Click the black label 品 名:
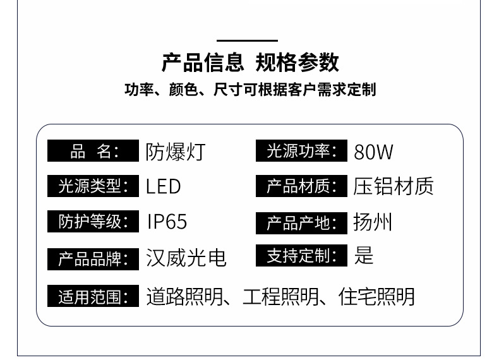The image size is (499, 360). pyautogui.click(x=93, y=152)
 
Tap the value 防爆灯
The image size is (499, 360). pyautogui.click(x=176, y=152)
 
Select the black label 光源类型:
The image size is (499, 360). pyautogui.click(x=93, y=186)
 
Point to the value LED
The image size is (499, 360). pyautogui.click(x=164, y=186)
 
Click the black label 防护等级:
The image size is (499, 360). pyautogui.click(x=93, y=222)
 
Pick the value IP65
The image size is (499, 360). pyautogui.click(x=167, y=222)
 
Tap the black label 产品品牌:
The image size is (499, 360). pyautogui.click(x=93, y=259)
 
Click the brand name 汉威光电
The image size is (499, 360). pyautogui.click(x=186, y=258)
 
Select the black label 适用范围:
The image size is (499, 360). pyautogui.click(x=93, y=296)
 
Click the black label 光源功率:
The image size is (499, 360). pyautogui.click(x=302, y=152)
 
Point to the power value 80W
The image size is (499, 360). pyautogui.click(x=374, y=152)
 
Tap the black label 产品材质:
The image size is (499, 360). pyautogui.click(x=302, y=187)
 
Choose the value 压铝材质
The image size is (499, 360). pyautogui.click(x=394, y=186)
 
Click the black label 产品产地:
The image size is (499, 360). pyautogui.click(x=302, y=223)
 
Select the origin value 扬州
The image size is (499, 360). pyautogui.click(x=373, y=222)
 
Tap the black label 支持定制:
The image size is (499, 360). pyautogui.click(x=302, y=256)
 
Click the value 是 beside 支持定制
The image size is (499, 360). pyautogui.click(x=364, y=255)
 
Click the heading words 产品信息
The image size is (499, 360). pyautogui.click(x=203, y=63)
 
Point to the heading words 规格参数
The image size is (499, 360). pyautogui.click(x=297, y=63)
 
